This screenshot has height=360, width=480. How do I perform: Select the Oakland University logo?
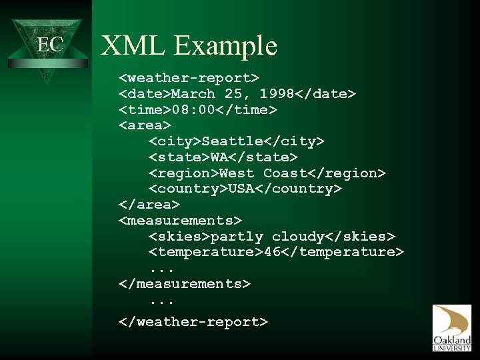click(451, 328)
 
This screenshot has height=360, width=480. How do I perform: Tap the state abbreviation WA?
click(219, 157)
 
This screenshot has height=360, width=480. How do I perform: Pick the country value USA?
click(241, 189)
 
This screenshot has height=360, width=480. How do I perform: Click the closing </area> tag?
click(149, 204)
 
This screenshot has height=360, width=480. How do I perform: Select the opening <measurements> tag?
click(180, 220)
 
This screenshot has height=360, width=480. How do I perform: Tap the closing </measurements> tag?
click(185, 283)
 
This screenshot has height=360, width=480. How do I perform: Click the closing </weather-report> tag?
click(193, 322)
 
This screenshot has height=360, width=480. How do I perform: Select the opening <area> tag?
click(145, 125)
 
